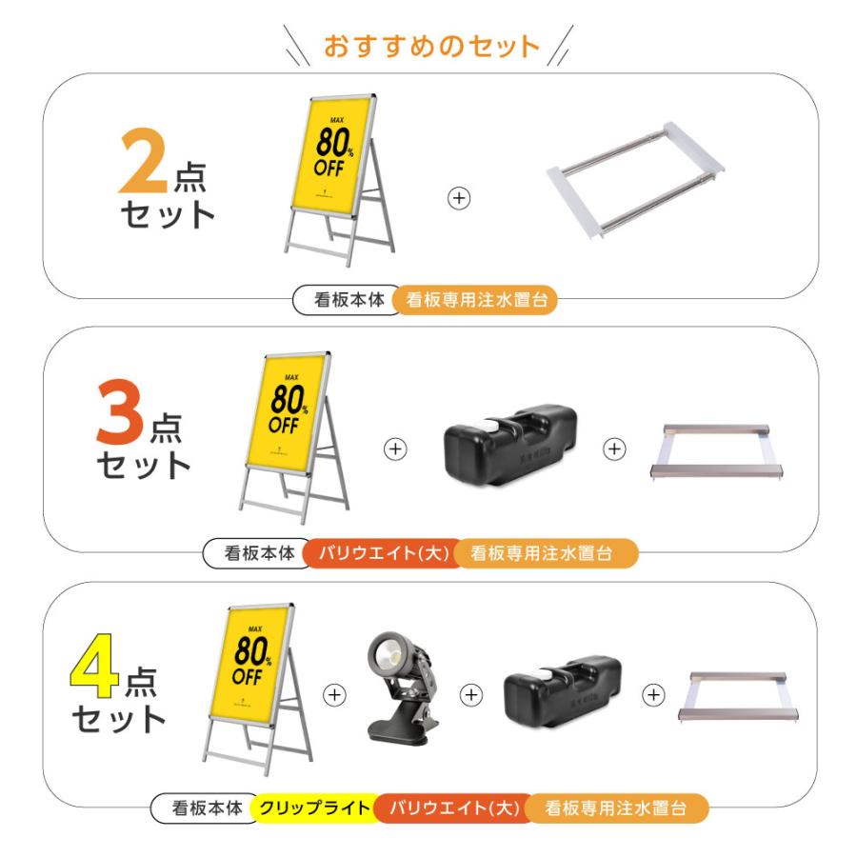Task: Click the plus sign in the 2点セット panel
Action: [459, 198]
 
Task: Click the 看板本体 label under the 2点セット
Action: [349, 300]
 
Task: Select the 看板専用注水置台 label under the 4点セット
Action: [616, 809]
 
